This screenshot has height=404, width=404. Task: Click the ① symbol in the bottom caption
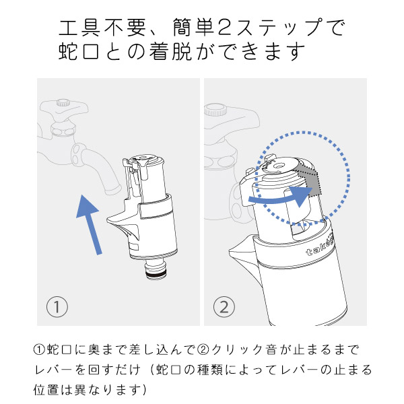[40, 351]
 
